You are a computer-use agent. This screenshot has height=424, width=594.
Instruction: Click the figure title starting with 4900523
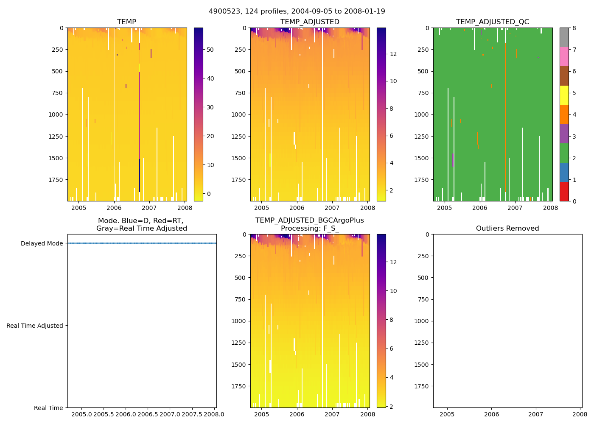point(297,11)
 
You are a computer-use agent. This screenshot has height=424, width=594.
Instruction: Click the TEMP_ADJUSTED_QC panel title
point(493,22)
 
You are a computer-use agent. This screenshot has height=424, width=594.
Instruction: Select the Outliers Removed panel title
point(507,229)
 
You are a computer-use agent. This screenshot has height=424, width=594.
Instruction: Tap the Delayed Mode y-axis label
point(42,243)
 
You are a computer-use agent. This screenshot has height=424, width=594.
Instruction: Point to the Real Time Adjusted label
point(35,326)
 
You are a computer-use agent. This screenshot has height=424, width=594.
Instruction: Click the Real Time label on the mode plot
point(48,408)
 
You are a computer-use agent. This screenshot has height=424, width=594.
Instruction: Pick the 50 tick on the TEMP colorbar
point(210,50)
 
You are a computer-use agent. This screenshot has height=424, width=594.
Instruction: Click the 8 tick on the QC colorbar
point(574,28)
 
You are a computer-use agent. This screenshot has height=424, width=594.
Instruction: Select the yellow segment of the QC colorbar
point(564,95)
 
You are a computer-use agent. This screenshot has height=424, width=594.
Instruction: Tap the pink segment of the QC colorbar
point(564,56)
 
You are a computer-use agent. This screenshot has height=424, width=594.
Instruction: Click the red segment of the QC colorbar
point(564,192)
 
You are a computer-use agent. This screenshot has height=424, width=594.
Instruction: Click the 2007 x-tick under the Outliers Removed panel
point(536,414)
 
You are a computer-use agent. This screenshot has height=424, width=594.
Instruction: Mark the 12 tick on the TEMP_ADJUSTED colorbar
point(393,54)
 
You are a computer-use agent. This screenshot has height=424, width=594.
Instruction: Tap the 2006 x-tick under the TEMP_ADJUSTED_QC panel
point(480,208)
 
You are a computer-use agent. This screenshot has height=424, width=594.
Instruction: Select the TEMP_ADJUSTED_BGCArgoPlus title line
point(310,220)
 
